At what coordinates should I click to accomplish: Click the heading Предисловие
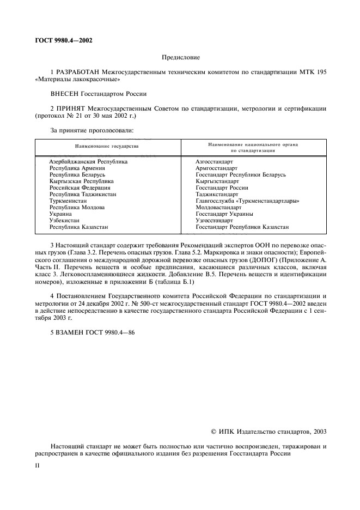[x=181, y=57]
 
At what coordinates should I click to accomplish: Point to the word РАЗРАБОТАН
[x=75, y=72]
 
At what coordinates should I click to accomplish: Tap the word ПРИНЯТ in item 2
[x=69, y=109]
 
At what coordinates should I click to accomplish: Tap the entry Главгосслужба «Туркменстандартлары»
[x=247, y=201]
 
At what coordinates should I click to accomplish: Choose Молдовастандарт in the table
[x=218, y=208]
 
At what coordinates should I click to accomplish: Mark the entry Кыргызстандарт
[x=217, y=181]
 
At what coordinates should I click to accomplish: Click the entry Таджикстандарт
[x=217, y=195]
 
